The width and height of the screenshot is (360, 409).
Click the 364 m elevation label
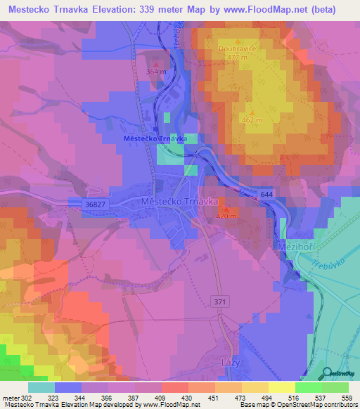point(156,72)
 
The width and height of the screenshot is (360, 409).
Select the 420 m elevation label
point(226,216)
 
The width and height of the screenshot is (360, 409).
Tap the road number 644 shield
point(266,193)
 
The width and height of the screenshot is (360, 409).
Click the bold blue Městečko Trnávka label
point(145,138)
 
